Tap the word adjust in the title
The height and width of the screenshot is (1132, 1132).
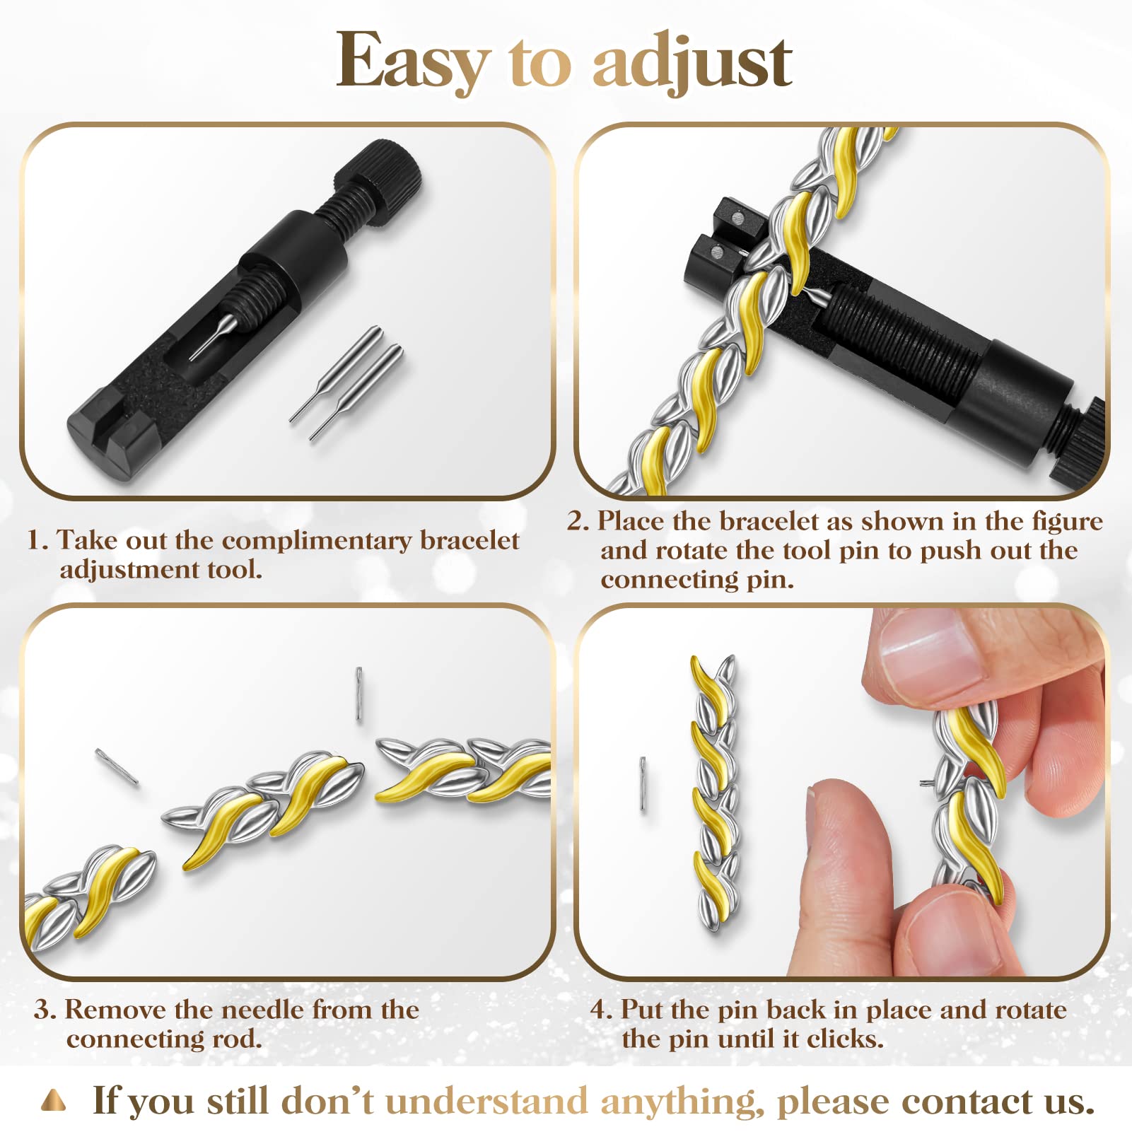(692, 62)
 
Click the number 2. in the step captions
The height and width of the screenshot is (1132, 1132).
(578, 521)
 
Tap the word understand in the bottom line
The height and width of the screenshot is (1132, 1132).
(486, 1102)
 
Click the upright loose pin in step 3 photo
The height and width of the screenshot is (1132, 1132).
(359, 694)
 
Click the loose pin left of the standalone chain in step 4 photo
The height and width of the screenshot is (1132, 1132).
(643, 783)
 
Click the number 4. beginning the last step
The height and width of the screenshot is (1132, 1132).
(602, 1010)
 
